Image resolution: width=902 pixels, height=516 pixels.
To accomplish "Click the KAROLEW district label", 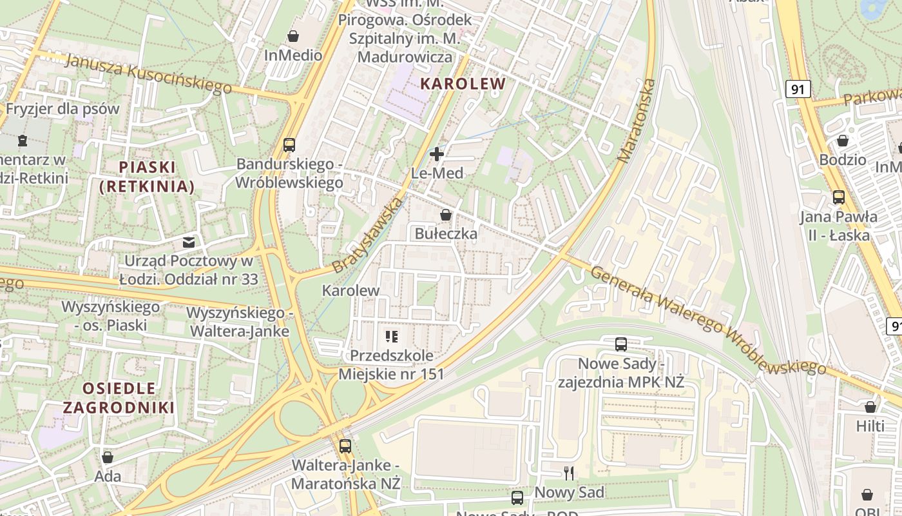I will coord(463,83).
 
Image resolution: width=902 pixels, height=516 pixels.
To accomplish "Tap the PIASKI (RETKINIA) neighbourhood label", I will coord(147,177).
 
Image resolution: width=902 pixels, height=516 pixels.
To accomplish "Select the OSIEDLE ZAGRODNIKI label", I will coord(119,397).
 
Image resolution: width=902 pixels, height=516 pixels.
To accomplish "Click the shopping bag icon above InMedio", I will coord(293,35).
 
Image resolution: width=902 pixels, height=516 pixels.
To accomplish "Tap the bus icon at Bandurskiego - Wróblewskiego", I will coord(289,144).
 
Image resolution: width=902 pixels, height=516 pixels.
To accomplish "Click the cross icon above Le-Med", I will coord(437,154).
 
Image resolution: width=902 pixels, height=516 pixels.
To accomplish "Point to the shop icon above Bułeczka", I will coord(445,215).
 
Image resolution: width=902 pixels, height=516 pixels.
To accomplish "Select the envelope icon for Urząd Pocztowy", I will coord(189,243).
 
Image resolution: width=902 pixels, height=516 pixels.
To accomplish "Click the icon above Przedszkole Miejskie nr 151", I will coord(391,336).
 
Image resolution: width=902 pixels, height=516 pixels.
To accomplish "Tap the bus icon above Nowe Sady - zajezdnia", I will coord(621,344).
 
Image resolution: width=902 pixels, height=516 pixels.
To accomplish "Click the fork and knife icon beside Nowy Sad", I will coord(569,473).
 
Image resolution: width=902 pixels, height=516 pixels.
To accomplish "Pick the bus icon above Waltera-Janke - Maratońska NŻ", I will coord(345,446).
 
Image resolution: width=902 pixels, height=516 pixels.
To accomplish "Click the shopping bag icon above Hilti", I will coord(870,407).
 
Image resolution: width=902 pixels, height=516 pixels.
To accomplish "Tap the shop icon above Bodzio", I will coord(843,140).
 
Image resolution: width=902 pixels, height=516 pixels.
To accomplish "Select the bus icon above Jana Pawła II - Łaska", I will coord(839,197).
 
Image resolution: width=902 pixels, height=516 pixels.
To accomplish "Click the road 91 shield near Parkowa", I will coord(798,89).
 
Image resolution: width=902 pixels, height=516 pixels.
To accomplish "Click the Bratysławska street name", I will coord(367,235).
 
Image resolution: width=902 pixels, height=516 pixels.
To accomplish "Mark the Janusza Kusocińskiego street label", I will coord(148,74).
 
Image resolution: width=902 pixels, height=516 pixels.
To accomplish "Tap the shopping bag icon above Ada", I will coord(108,457).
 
